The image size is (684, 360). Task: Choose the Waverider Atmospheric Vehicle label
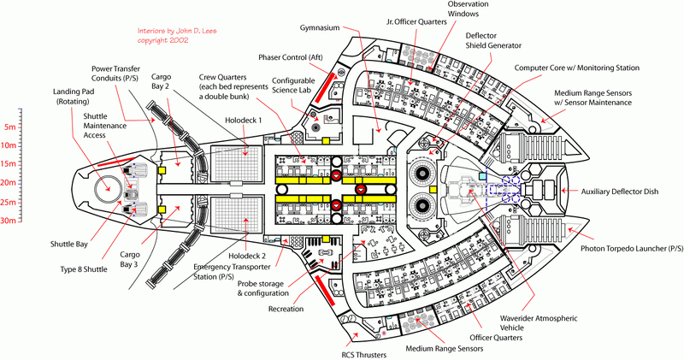point(540,323)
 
